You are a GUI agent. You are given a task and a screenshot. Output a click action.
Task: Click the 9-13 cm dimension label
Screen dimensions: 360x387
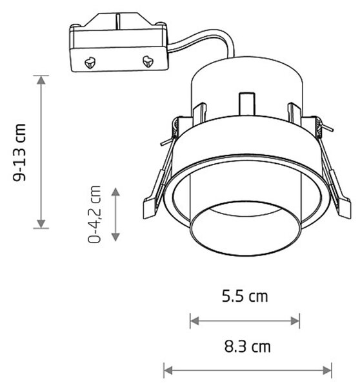pos(19,152)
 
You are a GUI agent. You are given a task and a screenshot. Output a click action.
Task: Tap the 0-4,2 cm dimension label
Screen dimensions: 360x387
pos(94,214)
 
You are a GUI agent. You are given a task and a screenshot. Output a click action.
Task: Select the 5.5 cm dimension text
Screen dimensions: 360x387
pos(245,296)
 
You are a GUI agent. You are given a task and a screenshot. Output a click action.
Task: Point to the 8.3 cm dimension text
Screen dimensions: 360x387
pos(247,346)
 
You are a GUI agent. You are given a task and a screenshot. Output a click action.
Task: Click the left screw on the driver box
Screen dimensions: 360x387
pos(90,63)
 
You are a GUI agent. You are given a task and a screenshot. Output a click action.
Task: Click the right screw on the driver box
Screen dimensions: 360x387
pos(148,61)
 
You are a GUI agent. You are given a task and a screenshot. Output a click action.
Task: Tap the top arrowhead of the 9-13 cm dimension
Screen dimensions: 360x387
pos(41,80)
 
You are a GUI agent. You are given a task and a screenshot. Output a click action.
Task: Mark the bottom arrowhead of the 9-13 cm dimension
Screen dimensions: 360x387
pos(41,224)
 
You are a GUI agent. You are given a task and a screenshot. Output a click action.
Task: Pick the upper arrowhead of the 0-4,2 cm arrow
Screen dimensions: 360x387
pos(115,192)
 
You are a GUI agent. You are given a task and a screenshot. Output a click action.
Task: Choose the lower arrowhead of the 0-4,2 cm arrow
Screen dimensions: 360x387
pos(115,237)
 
